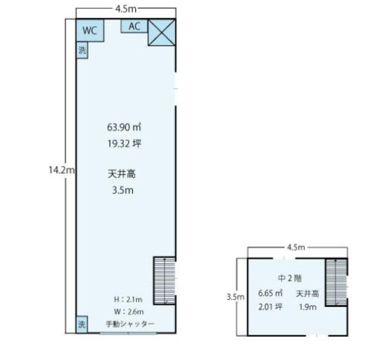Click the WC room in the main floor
[90, 31]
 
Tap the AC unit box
[134, 26]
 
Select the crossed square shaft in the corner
[162, 32]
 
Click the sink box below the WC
[82, 50]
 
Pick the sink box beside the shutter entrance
[82, 324]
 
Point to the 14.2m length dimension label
[61, 170]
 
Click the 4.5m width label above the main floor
[125, 9]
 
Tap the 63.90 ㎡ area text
[124, 127]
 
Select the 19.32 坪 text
[124, 143]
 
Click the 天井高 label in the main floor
[121, 174]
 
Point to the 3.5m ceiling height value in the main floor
[123, 190]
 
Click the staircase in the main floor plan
[165, 280]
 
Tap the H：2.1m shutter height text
[128, 299]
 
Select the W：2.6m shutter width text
[129, 311]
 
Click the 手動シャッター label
[130, 324]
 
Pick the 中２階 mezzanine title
[290, 278]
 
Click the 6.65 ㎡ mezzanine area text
[270, 293]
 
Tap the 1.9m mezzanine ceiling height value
[307, 307]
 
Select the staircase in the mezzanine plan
[336, 283]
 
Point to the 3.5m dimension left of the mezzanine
[235, 296]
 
